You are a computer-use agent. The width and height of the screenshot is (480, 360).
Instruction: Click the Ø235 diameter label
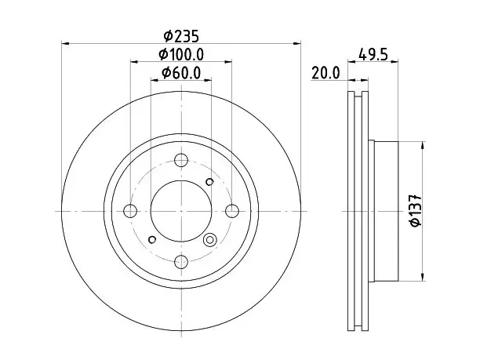[x=181, y=36]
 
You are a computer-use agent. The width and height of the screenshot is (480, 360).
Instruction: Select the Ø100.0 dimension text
[x=181, y=55]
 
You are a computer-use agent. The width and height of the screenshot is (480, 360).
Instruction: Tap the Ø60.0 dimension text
[x=181, y=73]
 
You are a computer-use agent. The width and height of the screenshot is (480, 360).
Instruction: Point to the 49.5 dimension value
[x=373, y=55]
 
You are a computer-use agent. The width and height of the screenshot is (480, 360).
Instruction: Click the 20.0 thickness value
[x=325, y=73]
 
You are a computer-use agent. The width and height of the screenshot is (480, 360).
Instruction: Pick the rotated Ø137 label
[x=416, y=210]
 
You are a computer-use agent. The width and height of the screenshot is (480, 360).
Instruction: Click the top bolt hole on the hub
[x=181, y=160]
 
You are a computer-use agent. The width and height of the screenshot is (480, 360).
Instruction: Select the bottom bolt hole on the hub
[x=181, y=262]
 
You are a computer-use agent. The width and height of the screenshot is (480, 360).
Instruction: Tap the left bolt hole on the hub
[x=130, y=211]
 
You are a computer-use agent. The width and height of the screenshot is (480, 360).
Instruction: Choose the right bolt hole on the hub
[x=232, y=211]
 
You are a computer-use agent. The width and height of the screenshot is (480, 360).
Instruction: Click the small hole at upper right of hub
[x=209, y=182]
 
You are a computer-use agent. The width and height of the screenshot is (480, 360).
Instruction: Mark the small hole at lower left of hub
[x=152, y=239]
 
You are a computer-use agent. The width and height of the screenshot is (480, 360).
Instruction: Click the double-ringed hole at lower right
[x=209, y=239]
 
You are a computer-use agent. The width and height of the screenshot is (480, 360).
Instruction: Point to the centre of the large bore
[x=181, y=211]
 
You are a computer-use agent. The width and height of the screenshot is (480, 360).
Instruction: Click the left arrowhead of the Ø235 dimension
[x=66, y=43]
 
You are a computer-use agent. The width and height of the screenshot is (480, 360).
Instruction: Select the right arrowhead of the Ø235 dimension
[x=297, y=43]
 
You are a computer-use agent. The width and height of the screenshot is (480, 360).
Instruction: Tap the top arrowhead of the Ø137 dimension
[x=423, y=145]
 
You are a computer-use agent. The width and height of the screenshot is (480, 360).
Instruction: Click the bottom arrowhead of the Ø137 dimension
[x=423, y=277]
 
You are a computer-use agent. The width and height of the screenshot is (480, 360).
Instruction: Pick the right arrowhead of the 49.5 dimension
[x=395, y=62]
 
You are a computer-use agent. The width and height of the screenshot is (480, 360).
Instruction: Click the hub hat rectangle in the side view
[x=387, y=211]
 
